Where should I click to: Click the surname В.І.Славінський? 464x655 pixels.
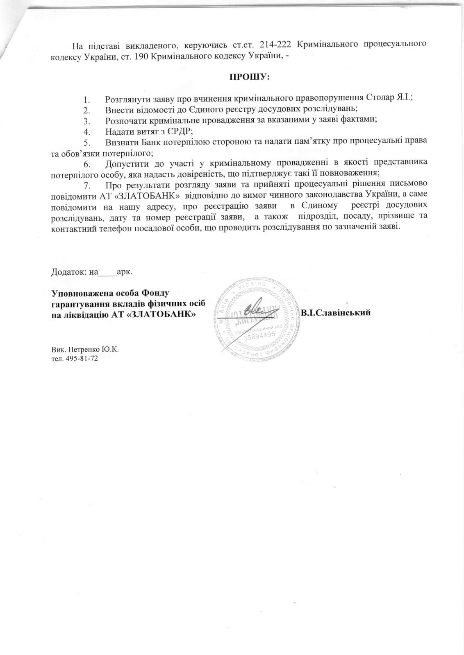(336, 313)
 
